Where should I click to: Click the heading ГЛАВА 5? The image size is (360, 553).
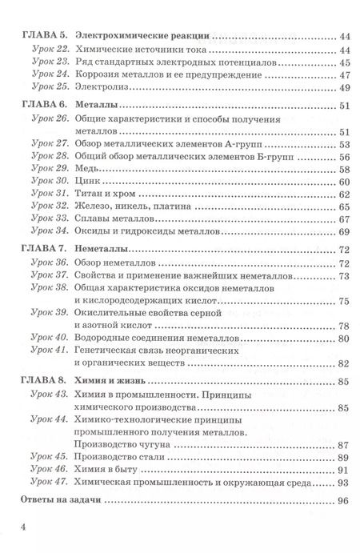coord(39,36)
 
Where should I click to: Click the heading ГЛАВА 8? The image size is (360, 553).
coord(39,382)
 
